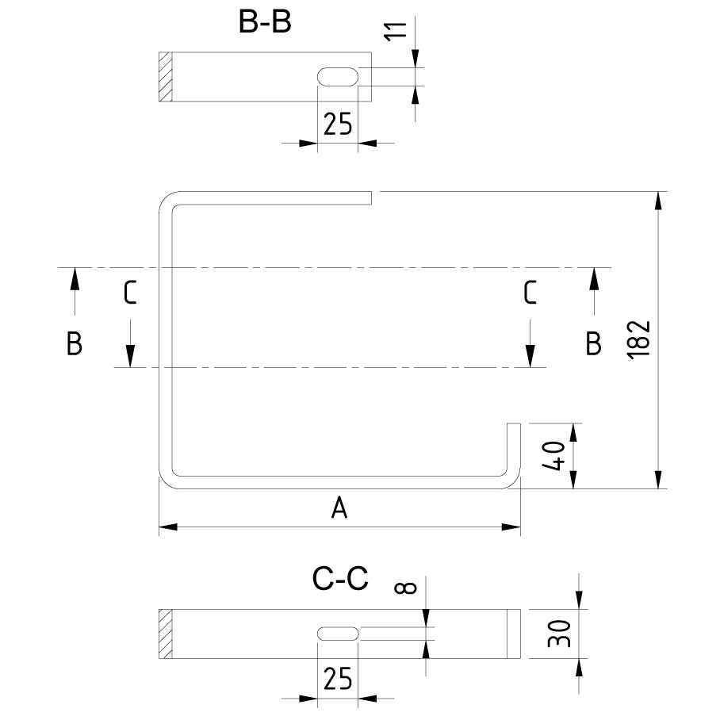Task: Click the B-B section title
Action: (x=265, y=22)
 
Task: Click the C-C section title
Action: (x=340, y=580)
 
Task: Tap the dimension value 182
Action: (x=641, y=339)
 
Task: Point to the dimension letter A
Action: (x=339, y=508)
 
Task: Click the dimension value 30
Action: (x=559, y=634)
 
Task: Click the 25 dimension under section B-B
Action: (x=338, y=124)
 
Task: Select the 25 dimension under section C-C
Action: (x=338, y=680)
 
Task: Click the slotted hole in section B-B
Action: (x=338, y=76)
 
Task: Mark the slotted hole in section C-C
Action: (x=338, y=633)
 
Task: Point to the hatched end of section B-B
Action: (x=165, y=77)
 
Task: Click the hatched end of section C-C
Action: (x=165, y=634)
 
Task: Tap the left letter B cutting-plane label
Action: (x=75, y=344)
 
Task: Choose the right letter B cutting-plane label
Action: (x=593, y=344)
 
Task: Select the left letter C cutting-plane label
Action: (x=131, y=293)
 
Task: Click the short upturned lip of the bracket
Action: (x=514, y=448)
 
